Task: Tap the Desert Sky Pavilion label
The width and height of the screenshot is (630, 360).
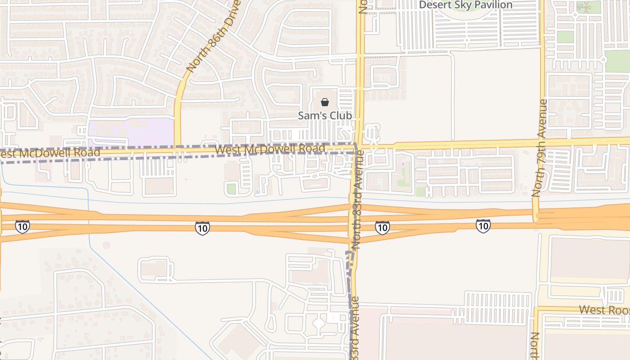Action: click(x=466, y=5)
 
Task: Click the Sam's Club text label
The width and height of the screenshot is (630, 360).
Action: click(x=325, y=116)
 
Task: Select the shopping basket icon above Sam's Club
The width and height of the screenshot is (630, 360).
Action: click(x=325, y=102)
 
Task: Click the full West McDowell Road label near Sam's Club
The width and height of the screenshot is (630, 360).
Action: click(x=270, y=149)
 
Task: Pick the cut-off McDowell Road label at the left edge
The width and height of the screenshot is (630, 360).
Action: click(x=49, y=153)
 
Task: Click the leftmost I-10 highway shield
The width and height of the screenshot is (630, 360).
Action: click(x=22, y=226)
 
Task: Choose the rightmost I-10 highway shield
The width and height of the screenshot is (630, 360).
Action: click(x=483, y=225)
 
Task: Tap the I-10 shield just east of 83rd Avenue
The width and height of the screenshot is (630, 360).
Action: click(x=382, y=228)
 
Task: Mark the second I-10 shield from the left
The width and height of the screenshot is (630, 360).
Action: click(x=202, y=228)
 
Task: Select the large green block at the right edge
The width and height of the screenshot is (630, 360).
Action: click(x=617, y=61)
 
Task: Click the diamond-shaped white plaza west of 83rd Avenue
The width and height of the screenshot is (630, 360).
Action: click(x=318, y=323)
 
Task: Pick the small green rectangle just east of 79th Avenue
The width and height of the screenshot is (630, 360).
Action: click(x=566, y=37)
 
